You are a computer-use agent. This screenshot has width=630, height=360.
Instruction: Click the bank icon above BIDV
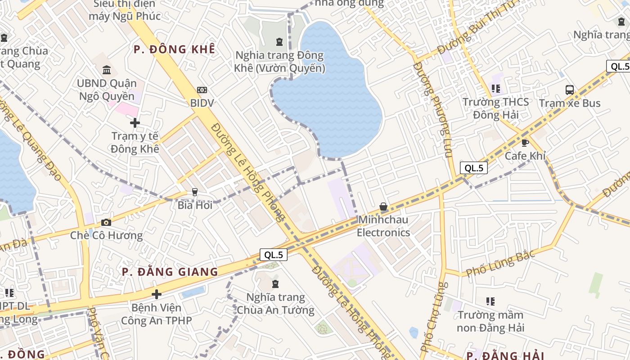[202, 90]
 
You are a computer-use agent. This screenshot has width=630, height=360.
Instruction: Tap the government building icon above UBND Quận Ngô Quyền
[107, 70]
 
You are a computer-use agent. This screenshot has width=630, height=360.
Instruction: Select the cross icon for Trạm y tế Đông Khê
[135, 122]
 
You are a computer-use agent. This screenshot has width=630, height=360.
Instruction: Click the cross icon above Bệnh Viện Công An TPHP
[156, 294]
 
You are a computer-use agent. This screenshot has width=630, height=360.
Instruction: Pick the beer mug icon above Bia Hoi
[194, 192]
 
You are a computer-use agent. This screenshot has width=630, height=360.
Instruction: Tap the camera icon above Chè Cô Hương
[106, 222]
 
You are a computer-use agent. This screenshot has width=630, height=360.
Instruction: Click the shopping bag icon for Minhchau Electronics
[383, 207]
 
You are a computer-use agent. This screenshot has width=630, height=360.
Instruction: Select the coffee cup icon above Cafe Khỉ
[525, 143]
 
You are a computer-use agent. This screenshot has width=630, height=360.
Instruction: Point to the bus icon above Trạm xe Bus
[570, 90]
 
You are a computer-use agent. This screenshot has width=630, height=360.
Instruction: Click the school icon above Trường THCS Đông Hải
[496, 89]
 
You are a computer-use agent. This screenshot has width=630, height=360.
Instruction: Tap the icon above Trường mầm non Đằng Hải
[490, 301]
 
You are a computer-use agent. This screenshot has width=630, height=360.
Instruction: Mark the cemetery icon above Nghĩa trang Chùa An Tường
[275, 284]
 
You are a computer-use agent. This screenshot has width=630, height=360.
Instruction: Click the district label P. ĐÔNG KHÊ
[175, 49]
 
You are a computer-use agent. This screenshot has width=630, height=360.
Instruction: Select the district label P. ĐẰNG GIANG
[170, 272]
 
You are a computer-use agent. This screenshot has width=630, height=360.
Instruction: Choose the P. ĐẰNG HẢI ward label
[505, 355]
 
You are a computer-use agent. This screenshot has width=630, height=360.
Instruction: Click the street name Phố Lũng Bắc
[500, 263]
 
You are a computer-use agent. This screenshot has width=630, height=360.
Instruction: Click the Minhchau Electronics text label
[383, 226]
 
